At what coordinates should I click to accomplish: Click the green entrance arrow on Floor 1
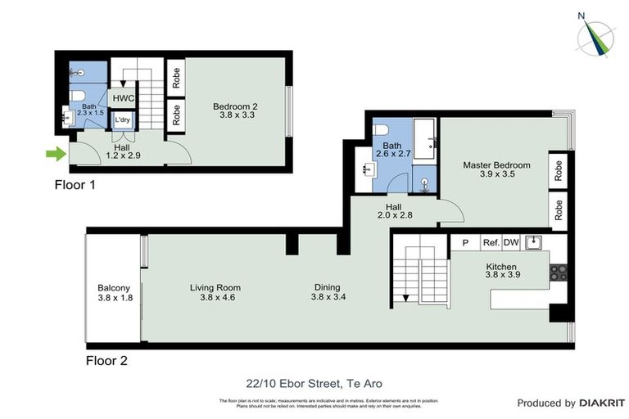54,152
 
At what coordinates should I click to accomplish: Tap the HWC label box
123,97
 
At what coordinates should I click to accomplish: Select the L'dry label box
123,120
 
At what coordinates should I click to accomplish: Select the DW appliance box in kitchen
511,242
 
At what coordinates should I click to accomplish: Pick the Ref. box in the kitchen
491,242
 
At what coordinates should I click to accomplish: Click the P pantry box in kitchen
465,242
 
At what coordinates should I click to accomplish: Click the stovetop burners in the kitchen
559,273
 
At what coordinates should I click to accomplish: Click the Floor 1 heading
75,185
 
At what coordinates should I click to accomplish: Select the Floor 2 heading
106,360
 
